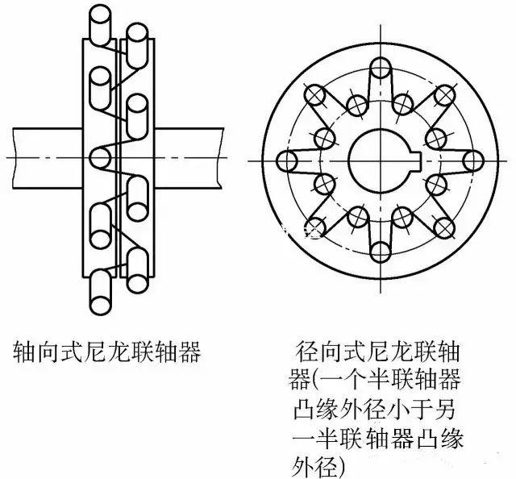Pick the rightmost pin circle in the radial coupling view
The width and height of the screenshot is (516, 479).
[x=468, y=160]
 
